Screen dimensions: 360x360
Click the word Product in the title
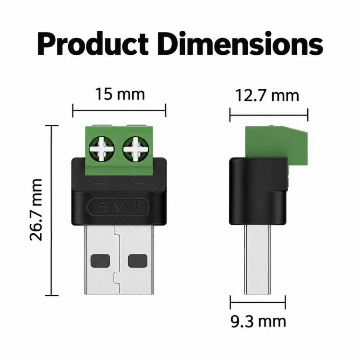(93, 44)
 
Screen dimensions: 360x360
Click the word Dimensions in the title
(240, 44)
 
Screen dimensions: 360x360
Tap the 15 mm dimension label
(120, 94)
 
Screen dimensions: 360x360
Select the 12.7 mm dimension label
(267, 96)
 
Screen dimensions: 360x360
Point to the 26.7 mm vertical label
(36, 209)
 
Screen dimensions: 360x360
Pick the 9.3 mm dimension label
(258, 322)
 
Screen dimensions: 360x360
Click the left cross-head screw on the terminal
(102, 149)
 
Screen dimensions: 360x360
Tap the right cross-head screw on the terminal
(135, 149)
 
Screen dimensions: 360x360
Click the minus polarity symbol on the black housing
(99, 183)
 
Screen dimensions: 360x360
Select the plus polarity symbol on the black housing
(139, 183)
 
